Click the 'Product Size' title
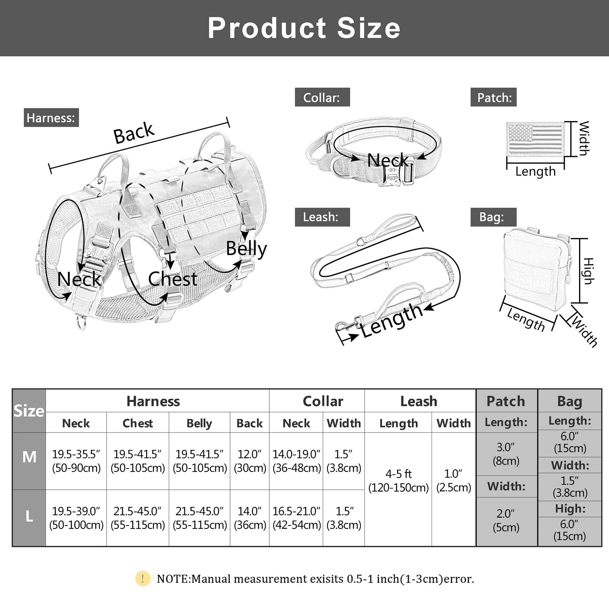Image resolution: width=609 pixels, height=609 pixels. click(x=304, y=28)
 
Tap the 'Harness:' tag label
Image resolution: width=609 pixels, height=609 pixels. click(x=51, y=118)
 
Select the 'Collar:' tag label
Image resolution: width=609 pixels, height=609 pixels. click(x=322, y=97)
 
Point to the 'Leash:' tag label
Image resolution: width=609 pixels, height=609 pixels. click(x=321, y=217)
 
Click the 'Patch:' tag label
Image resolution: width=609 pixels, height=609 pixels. click(x=494, y=97)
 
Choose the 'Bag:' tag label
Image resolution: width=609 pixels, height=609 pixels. click(x=493, y=217)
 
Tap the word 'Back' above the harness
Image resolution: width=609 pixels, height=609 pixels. click(x=134, y=133)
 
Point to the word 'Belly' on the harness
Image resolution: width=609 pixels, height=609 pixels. click(x=246, y=249)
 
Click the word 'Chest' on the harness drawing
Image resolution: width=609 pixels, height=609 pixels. click(x=172, y=279)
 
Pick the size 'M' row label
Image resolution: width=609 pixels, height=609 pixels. click(x=29, y=457)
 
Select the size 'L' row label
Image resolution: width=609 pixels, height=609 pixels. click(x=29, y=516)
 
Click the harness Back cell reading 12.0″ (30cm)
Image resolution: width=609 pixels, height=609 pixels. click(x=250, y=461)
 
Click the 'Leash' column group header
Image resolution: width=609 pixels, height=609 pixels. click(x=419, y=401)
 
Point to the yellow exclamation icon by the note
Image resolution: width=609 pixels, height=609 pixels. click(x=143, y=579)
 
